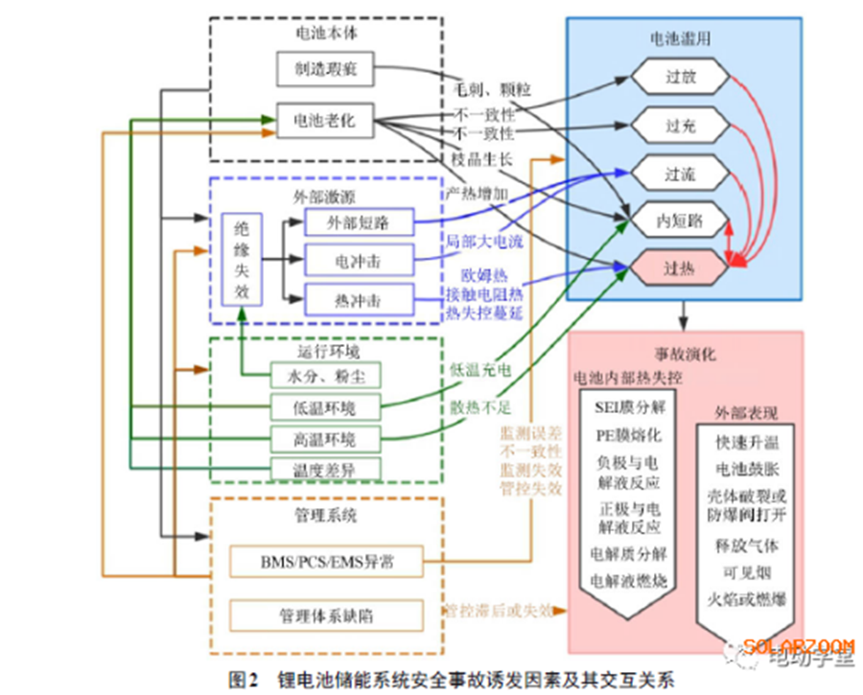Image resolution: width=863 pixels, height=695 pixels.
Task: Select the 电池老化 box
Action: click(x=323, y=121)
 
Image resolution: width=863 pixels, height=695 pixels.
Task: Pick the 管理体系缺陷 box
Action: click(x=325, y=614)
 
